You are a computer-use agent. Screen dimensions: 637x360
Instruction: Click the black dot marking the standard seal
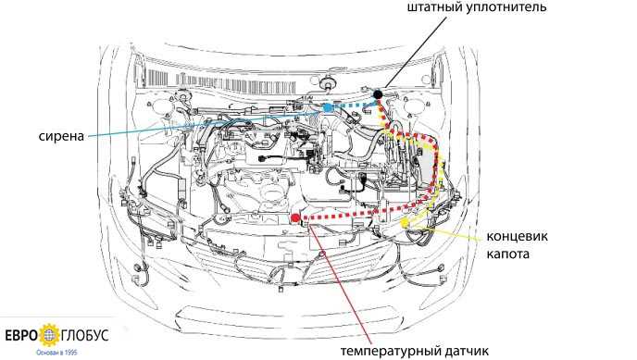378,94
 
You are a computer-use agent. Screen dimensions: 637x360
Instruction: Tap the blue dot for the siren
328,107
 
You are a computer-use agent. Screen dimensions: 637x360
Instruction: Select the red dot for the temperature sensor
295,218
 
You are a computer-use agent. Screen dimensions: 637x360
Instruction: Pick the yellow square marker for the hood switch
406,221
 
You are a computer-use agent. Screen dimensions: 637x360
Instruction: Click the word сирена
61,136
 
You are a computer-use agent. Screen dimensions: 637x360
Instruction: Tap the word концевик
517,236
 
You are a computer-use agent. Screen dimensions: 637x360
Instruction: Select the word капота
507,254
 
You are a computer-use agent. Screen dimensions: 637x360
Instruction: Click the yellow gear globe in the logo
49,336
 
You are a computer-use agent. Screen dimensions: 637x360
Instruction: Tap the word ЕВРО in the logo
22,336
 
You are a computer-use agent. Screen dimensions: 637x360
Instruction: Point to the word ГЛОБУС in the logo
85,336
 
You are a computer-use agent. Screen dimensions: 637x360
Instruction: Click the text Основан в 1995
56,353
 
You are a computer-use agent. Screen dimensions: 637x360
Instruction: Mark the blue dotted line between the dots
353,106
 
